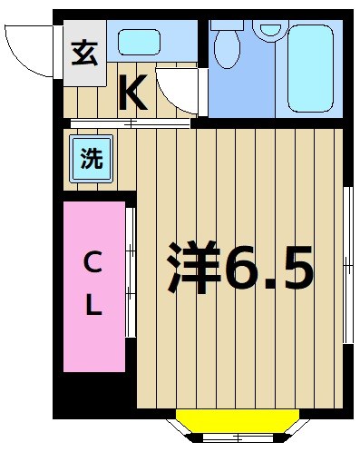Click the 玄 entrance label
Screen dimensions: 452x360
tap(83, 53)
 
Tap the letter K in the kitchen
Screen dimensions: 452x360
tap(132, 92)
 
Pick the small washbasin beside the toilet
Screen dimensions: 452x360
tap(269, 28)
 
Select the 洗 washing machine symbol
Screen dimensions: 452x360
tap(91, 159)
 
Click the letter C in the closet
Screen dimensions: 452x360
tap(92, 263)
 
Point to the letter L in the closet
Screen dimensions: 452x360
tap(92, 307)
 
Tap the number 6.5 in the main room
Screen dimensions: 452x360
tap(270, 269)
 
